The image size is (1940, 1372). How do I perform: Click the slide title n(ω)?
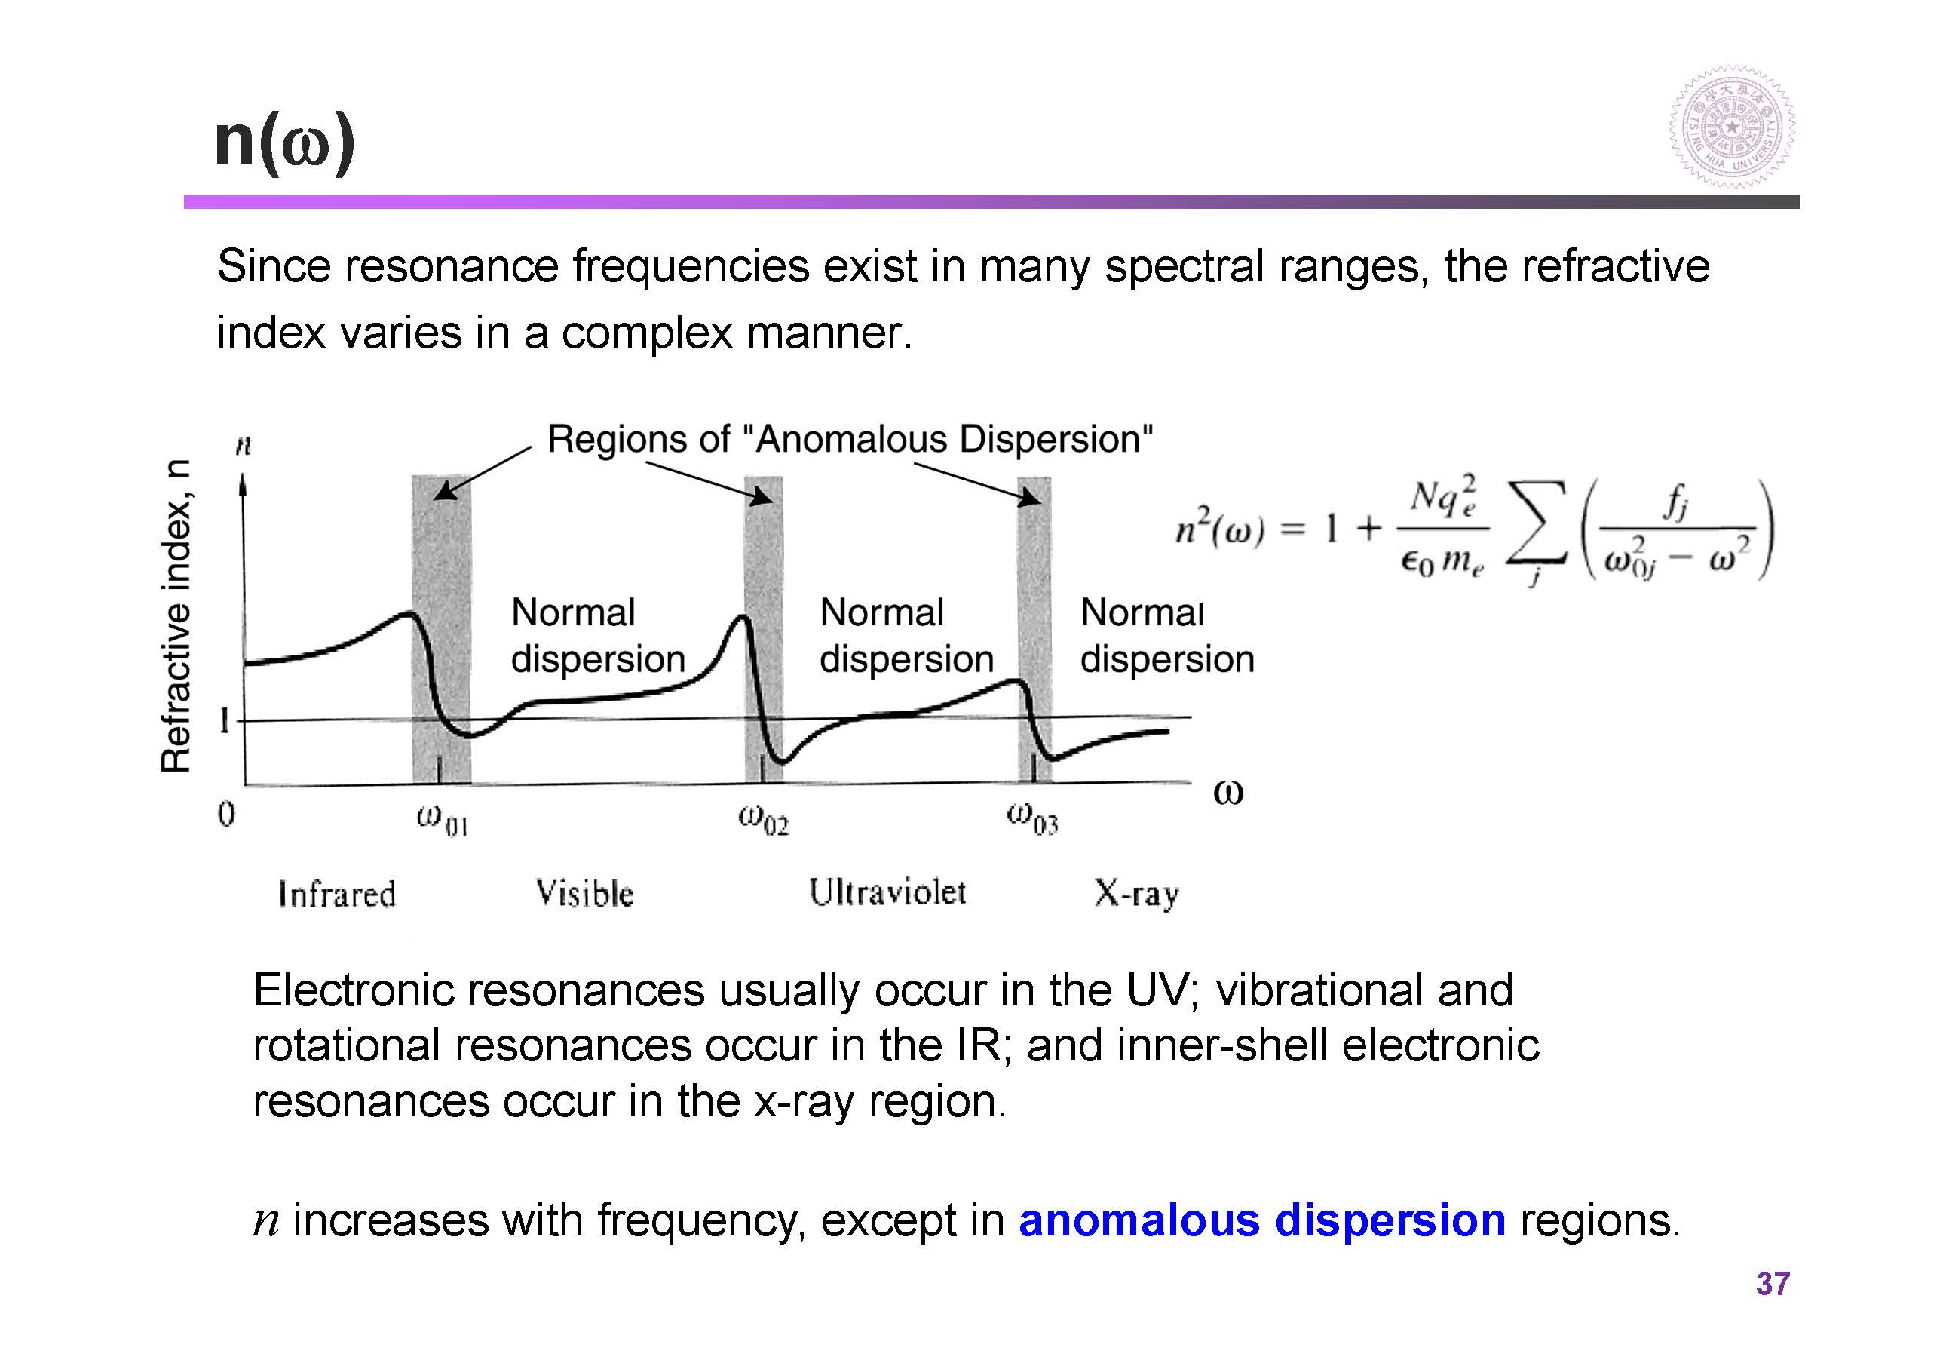coord(285,144)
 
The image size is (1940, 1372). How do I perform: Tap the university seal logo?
coord(1731,127)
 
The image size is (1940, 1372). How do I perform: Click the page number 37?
coord(1772,1283)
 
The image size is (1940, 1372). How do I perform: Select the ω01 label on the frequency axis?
coord(442,819)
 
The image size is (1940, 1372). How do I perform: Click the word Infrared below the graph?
coord(336,894)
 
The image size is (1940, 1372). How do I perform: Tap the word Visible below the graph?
coord(584,893)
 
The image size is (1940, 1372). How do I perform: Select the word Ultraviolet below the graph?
coord(887,892)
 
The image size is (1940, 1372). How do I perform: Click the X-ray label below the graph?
coord(1135,894)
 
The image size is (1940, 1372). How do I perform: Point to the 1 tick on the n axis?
coord(224,721)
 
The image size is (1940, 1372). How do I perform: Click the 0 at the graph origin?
coord(225,814)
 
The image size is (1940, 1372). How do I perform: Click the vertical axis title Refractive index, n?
coord(176,615)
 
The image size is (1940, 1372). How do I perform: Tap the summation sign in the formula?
coord(1536,524)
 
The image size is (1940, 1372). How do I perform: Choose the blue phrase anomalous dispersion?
coord(1262,1220)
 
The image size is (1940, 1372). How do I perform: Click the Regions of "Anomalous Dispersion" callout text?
coord(850,440)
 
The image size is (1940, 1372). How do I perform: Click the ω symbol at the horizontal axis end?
coord(1227,793)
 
